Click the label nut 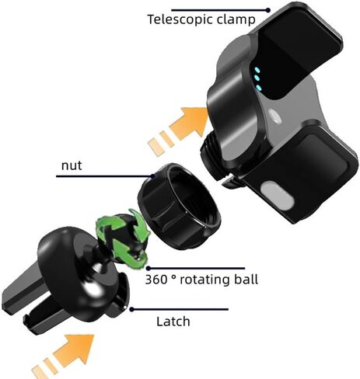click(x=72, y=165)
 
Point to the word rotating click(x=206, y=280)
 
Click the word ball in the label click(x=247, y=279)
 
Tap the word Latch click(x=173, y=322)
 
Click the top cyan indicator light click(x=257, y=70)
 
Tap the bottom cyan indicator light click(x=259, y=88)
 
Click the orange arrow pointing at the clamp click(x=179, y=130)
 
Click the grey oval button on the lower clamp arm click(x=278, y=196)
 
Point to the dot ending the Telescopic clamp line click(x=268, y=10)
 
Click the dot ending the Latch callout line click(x=131, y=309)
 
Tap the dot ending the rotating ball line click(x=148, y=268)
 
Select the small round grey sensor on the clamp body click(x=274, y=116)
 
